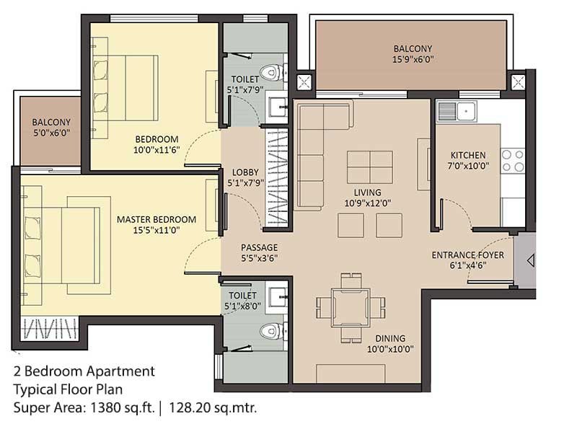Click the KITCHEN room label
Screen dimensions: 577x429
pos(468,155)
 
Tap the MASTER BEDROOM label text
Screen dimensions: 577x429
pos(157,220)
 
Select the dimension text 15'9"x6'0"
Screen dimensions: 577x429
pos(413,59)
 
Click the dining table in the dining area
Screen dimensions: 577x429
pos(351,308)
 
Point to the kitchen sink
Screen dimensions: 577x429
pos(457,111)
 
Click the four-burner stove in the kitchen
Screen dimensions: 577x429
pos(513,161)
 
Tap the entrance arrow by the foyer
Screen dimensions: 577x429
pos(531,260)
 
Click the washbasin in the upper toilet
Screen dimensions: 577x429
pos(278,107)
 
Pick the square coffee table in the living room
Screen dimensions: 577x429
pos(370,167)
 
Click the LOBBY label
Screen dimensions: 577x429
pos(245,172)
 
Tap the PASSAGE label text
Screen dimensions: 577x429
pos(260,247)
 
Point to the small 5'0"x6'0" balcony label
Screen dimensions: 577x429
pos(51,133)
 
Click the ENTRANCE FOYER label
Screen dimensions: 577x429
pos(467,255)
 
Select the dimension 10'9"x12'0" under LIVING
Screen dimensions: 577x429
pos(368,203)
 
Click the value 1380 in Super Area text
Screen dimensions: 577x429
pos(106,407)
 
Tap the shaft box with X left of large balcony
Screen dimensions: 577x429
pos(304,82)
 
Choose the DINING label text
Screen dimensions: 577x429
pos(390,338)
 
